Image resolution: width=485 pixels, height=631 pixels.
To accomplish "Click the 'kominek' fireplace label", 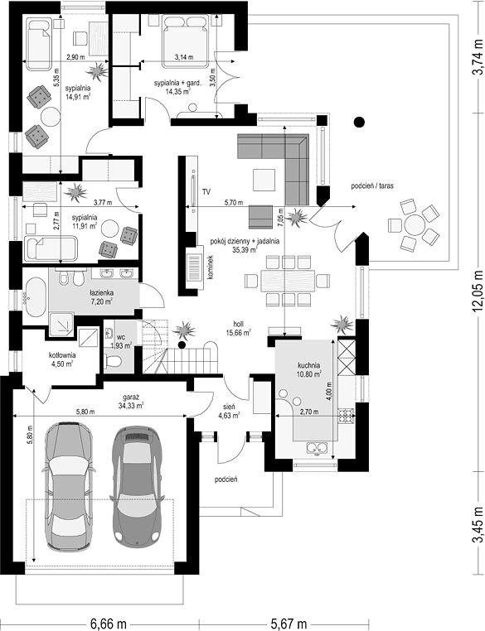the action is (210, 268).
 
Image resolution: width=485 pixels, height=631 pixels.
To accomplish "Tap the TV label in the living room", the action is (207, 191).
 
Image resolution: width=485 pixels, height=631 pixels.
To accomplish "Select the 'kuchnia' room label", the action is (309, 365).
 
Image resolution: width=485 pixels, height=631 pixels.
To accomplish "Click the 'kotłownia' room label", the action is (62, 355).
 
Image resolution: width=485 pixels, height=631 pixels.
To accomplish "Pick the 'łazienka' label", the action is (101, 293).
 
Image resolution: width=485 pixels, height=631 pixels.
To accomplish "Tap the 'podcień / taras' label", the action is (372, 186).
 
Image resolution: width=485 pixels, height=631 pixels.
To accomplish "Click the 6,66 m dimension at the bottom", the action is (109, 624).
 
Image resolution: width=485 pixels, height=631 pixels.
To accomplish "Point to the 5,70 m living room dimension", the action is (235, 203).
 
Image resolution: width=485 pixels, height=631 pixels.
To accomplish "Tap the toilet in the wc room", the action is (113, 360).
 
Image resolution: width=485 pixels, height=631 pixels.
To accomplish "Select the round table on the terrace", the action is (415, 224).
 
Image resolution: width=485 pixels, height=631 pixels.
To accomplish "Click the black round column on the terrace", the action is (359, 122).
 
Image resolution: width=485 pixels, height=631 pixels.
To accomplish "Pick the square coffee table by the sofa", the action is (264, 180).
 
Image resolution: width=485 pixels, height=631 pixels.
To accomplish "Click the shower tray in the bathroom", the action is (61, 323).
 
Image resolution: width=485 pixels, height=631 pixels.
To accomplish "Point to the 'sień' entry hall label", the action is (230, 407).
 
